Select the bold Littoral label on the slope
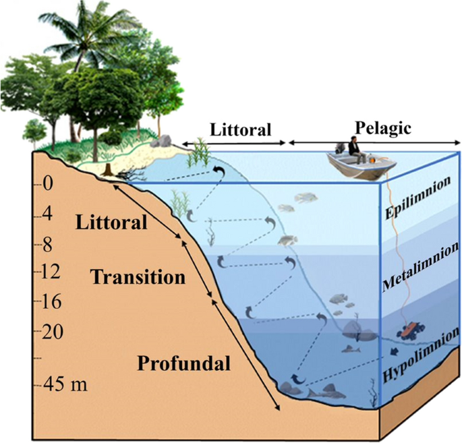pyautogui.click(x=111, y=222)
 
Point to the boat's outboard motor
pyautogui.click(x=338, y=149)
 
